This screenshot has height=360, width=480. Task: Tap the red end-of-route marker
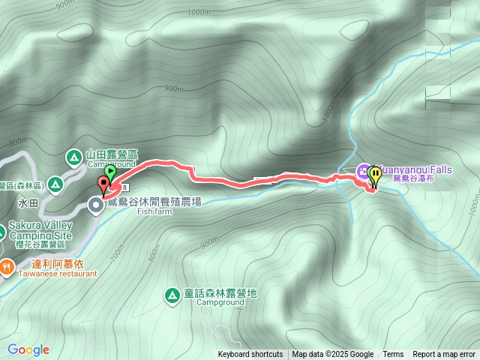click(103, 182)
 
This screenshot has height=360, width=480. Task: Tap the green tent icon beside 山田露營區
click(73, 157)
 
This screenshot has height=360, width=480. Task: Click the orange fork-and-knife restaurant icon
click(7, 265)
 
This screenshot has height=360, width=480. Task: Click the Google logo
click(28, 349)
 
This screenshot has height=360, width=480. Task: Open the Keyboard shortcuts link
click(250, 355)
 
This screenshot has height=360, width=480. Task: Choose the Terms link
click(393, 355)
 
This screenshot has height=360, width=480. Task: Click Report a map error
click(444, 355)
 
